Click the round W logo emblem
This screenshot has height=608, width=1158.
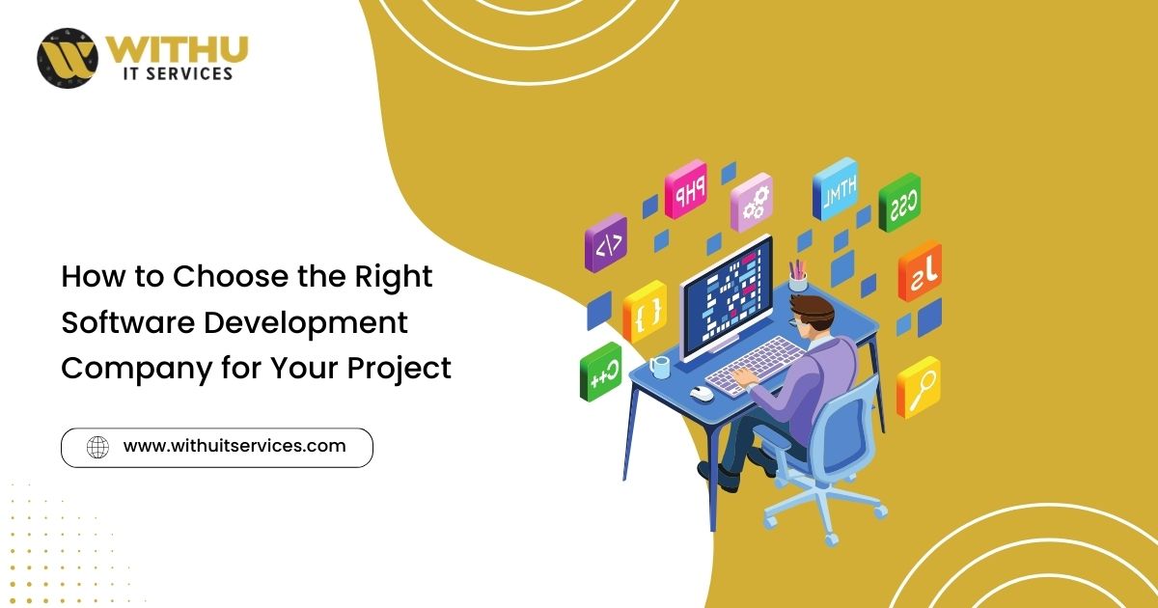tap(68, 58)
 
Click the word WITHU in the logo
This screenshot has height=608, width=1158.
tap(178, 51)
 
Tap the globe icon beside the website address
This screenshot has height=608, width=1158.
tap(97, 447)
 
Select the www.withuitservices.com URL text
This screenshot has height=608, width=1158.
tap(234, 446)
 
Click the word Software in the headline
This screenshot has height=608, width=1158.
tap(128, 322)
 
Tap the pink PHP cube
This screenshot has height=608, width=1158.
tap(685, 189)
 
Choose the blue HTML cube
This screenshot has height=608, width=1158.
tap(835, 189)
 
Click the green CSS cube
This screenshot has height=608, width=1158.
tap(899, 202)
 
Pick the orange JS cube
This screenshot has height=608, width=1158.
tap(920, 271)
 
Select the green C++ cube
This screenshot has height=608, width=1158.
tap(600, 372)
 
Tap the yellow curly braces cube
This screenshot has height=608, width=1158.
tap(645, 311)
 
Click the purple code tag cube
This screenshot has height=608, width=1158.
tap(606, 243)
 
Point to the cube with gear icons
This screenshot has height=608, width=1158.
tap(752, 202)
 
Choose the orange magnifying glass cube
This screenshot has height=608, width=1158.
tap(918, 387)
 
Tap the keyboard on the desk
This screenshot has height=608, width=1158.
tap(756, 366)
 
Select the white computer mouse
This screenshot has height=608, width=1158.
tap(702, 393)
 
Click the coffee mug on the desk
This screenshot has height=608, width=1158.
tap(659, 367)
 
